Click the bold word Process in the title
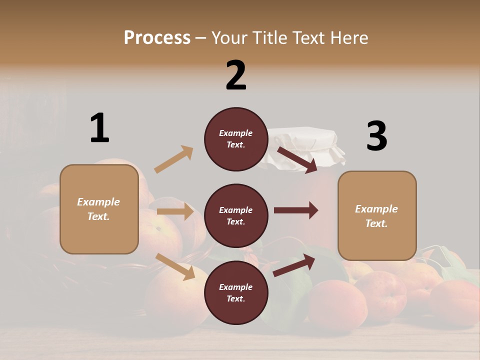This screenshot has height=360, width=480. tap(157, 37)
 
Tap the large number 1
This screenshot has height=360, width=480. tap(99, 128)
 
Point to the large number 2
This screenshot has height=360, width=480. tap(236, 75)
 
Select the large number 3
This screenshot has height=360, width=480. tap(376, 136)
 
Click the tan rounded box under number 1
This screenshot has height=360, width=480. tap(99, 209)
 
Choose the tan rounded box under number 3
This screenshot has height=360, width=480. tap(377, 216)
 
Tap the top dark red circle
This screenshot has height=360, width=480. tap(236, 139)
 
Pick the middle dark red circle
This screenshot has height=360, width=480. tap(236, 216)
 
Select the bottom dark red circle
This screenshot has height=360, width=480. tap(236, 293)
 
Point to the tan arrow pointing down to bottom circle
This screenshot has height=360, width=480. tap(175, 266)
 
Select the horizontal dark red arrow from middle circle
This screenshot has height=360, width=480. tap(295, 210)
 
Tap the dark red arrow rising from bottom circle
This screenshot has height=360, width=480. tap(294, 265)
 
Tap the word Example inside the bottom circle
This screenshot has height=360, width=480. tap(236, 287)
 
